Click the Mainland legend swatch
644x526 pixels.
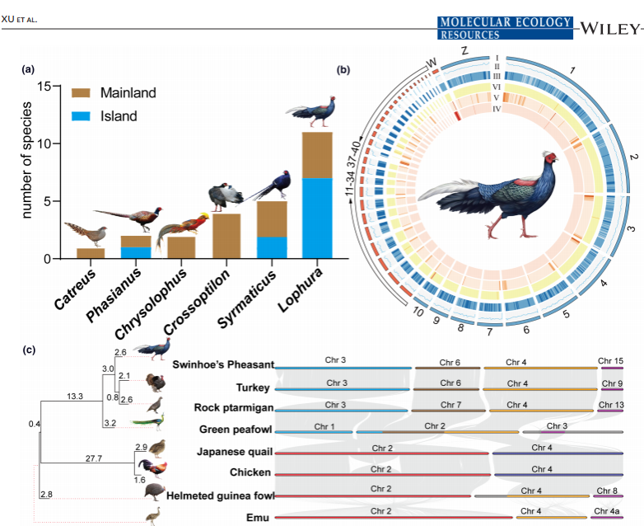pos(82,93)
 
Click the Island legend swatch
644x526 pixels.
pos(82,116)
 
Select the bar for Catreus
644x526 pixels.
pos(90,253)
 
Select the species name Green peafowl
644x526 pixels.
pos(220,430)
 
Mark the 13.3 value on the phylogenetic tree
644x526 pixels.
pos(73,397)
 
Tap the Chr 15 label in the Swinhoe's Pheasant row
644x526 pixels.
pos(612,361)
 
